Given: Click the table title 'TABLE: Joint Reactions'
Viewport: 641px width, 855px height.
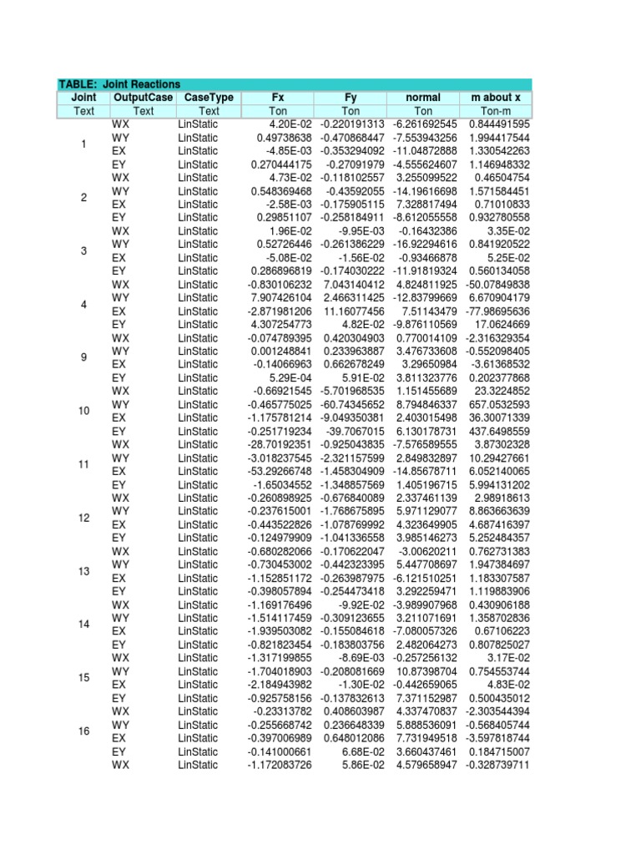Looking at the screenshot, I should (119, 84).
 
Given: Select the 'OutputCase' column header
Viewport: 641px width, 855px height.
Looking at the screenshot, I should (144, 98).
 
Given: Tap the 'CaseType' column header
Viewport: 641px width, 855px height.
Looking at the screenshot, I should (209, 98).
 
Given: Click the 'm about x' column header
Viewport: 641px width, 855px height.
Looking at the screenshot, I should (495, 98).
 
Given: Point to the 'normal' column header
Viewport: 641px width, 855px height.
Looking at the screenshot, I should (423, 98).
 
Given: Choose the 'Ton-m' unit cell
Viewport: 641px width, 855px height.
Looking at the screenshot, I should (495, 111).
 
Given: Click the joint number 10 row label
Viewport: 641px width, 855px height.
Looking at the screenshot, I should (83, 412).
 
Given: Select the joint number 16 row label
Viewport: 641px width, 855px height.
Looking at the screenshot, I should (83, 731).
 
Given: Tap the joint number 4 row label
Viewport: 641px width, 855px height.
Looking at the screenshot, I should (83, 305).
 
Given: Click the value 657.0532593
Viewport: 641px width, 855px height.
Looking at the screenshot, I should (499, 405).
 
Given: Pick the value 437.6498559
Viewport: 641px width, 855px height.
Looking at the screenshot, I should (499, 432).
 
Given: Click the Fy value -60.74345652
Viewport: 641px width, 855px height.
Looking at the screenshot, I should (349, 405).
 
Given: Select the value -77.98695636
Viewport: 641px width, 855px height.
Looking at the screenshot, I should (499, 311).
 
